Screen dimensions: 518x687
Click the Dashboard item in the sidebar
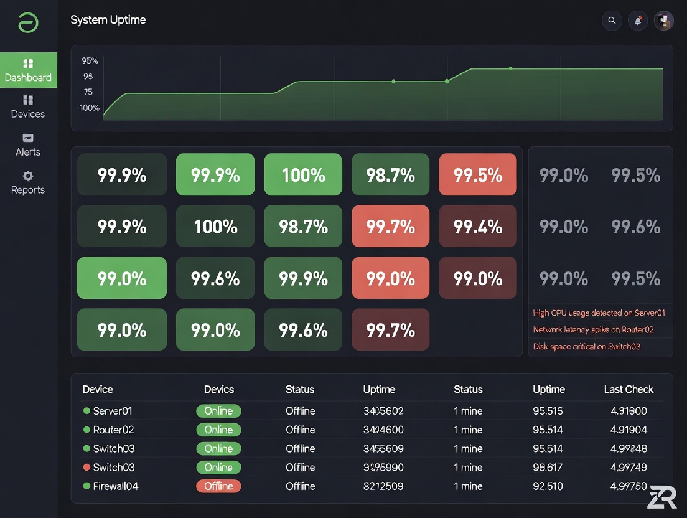click(x=28, y=70)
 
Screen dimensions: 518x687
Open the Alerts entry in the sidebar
click(x=28, y=145)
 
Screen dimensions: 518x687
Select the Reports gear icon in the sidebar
click(x=28, y=176)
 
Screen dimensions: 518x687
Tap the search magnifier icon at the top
click(x=612, y=21)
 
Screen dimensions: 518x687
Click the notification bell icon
click(x=638, y=21)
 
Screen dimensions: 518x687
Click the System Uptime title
click(x=108, y=20)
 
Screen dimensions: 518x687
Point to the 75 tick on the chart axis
click(x=88, y=92)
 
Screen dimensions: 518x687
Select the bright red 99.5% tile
click(x=478, y=176)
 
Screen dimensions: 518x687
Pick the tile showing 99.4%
click(x=478, y=227)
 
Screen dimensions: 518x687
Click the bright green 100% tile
click(x=303, y=176)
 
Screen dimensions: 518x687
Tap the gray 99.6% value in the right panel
click(x=635, y=227)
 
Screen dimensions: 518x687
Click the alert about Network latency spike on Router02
click(x=593, y=330)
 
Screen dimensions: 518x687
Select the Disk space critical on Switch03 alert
click(x=586, y=347)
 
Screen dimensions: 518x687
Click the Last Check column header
click(x=629, y=390)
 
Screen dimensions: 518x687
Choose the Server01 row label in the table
click(x=113, y=411)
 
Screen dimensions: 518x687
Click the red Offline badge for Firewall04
click(x=218, y=486)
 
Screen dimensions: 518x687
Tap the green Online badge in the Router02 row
click(x=218, y=430)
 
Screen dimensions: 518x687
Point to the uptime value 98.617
click(x=548, y=468)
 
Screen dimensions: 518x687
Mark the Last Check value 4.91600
click(x=629, y=411)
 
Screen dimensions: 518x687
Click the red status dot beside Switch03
click(x=86, y=468)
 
